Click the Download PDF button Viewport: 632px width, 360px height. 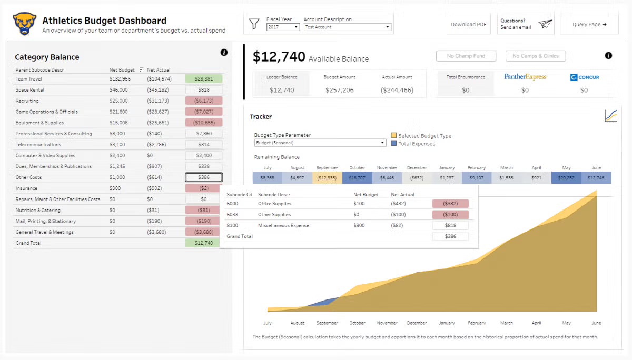(x=469, y=24)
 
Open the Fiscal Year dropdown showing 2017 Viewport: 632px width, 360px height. (x=283, y=27)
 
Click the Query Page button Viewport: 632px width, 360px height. (x=589, y=24)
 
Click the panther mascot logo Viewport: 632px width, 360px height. (x=24, y=24)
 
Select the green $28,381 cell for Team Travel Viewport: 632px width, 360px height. (x=204, y=79)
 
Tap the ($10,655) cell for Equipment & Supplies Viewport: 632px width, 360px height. (x=204, y=123)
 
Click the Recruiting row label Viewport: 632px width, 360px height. (x=27, y=101)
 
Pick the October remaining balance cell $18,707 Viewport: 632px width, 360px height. (x=357, y=178)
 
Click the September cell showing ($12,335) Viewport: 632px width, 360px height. (x=327, y=178)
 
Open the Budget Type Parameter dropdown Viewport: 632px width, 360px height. (x=320, y=143)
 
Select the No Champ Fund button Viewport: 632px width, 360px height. (x=466, y=56)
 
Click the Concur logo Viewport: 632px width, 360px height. (x=584, y=77)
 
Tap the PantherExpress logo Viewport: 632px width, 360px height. (x=525, y=77)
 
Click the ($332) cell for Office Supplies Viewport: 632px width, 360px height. (x=450, y=204)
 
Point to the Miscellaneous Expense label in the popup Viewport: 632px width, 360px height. (x=283, y=225)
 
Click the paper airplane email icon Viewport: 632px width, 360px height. (x=545, y=24)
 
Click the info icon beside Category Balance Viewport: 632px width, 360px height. (x=224, y=52)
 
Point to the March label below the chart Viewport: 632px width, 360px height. (x=506, y=323)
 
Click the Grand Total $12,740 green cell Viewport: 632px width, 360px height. (x=204, y=243)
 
